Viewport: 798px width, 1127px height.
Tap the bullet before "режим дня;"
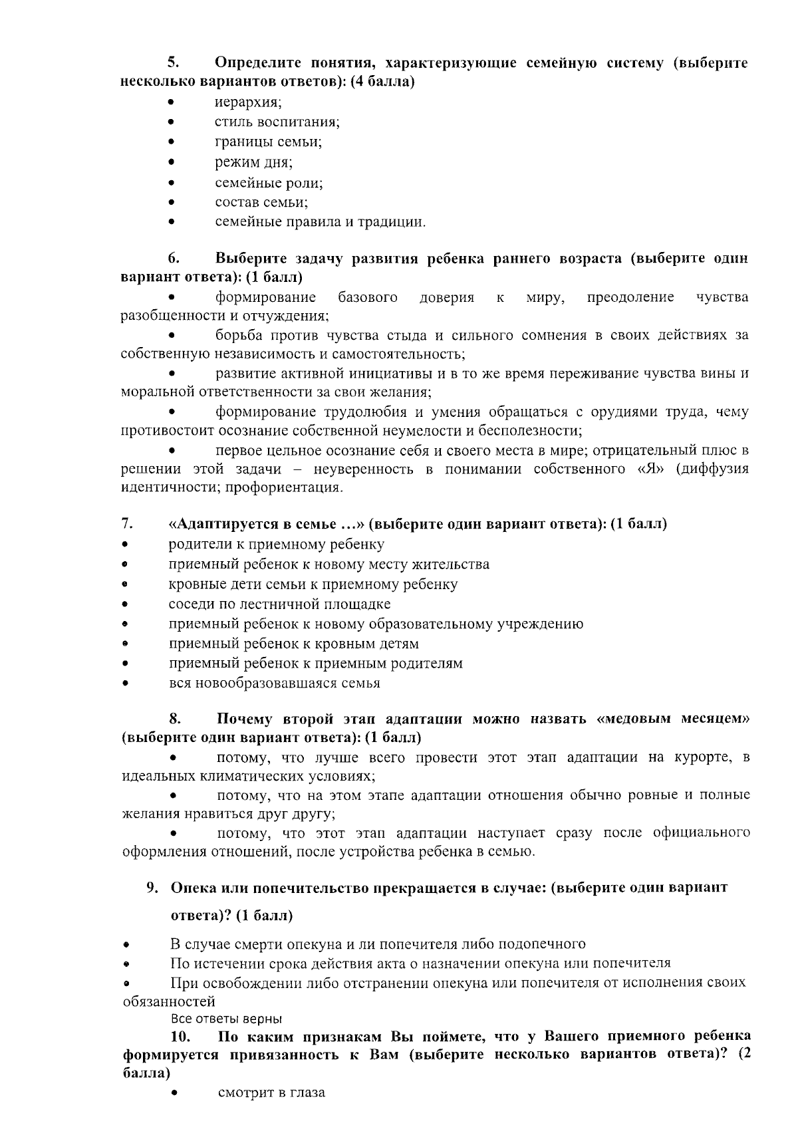[x=172, y=162]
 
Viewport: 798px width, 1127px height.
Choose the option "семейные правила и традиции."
[x=320, y=222]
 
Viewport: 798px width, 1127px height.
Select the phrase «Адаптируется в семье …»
[x=267, y=524]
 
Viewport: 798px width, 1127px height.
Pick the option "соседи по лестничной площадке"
[x=279, y=604]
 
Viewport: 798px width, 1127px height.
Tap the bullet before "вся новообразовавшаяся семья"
[x=124, y=684]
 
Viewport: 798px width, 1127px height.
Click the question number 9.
[x=152, y=888]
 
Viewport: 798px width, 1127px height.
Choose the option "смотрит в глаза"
[x=271, y=1092]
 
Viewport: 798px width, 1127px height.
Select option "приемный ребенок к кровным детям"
[x=294, y=644]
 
